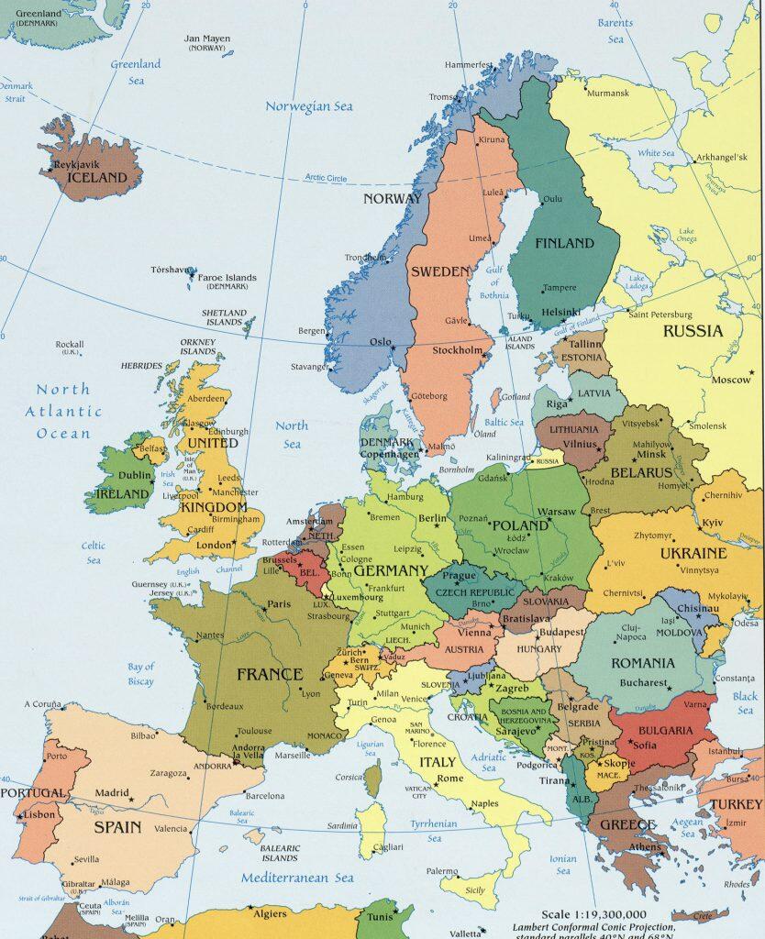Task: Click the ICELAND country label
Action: click(91, 178)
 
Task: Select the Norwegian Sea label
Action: click(309, 106)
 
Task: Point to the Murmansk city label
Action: click(608, 94)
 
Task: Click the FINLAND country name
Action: click(564, 244)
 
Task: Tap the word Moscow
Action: click(731, 380)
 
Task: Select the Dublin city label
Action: click(135, 475)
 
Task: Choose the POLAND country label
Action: click(520, 525)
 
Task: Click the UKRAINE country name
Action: click(693, 554)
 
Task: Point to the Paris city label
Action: click(279, 604)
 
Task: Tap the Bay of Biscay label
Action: click(140, 674)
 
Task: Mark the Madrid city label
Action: click(112, 792)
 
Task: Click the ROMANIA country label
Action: click(642, 662)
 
